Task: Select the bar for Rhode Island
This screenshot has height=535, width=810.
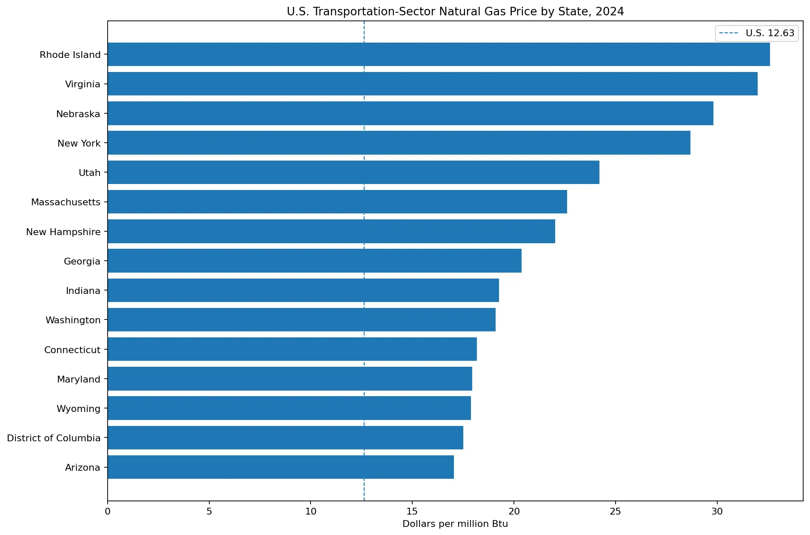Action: click(x=439, y=55)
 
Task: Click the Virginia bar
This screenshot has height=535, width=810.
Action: click(x=433, y=84)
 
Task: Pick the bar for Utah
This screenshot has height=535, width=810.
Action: click(x=354, y=173)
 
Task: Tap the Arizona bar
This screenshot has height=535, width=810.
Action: click(x=281, y=467)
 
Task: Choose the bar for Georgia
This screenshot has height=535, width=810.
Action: click(x=315, y=261)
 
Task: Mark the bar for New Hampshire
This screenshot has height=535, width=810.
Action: click(x=331, y=232)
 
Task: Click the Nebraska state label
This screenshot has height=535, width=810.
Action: click(x=78, y=114)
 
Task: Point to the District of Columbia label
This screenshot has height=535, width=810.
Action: click(x=54, y=438)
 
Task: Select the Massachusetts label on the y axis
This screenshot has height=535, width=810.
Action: click(x=66, y=202)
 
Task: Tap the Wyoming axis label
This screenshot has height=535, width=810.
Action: click(x=79, y=409)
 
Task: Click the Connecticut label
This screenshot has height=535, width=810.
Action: click(x=72, y=350)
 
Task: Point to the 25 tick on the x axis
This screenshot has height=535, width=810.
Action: click(x=615, y=511)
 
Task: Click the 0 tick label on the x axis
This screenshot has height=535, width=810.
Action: click(x=108, y=511)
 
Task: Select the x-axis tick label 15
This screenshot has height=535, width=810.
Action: click(x=412, y=511)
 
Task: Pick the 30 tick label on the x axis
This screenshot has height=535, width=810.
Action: click(x=717, y=511)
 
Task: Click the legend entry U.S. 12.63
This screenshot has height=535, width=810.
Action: click(x=757, y=33)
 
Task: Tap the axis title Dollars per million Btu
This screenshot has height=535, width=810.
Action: click(x=455, y=524)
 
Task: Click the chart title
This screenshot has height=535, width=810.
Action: click(x=455, y=12)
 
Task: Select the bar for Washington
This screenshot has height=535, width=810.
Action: click(x=302, y=320)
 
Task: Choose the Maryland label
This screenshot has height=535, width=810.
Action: click(x=79, y=379)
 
